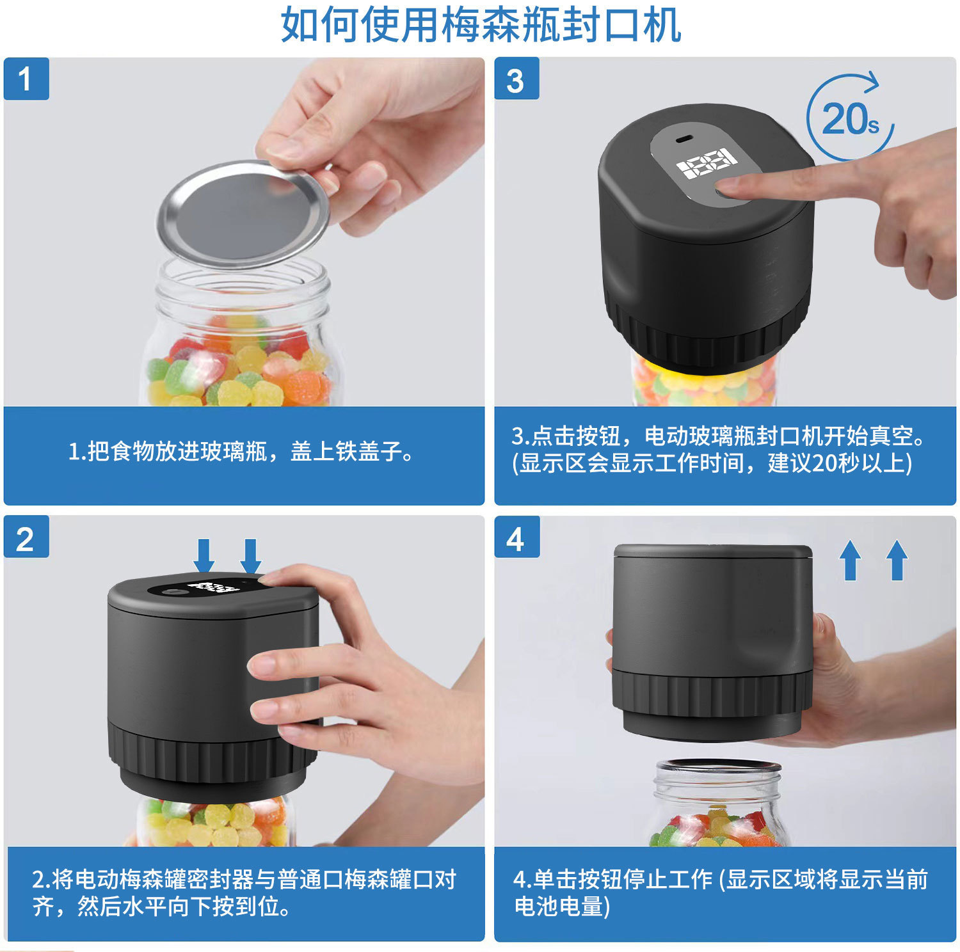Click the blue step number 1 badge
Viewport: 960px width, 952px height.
[x=26, y=79]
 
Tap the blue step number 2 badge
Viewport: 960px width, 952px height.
[x=26, y=537]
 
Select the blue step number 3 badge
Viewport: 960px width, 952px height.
[x=516, y=79]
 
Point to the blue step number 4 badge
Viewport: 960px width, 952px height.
[x=516, y=537]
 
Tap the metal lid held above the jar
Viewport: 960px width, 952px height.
[x=244, y=214]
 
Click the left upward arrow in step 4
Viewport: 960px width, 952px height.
[x=850, y=560]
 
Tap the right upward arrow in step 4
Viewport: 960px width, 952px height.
[x=897, y=560]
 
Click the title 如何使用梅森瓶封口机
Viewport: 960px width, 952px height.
[x=481, y=25]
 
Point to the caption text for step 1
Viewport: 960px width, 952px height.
[x=242, y=452]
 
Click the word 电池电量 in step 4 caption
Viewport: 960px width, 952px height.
[x=559, y=906]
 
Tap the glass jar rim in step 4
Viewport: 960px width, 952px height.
[x=718, y=766]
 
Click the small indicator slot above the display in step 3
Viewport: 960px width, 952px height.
[x=685, y=139]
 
